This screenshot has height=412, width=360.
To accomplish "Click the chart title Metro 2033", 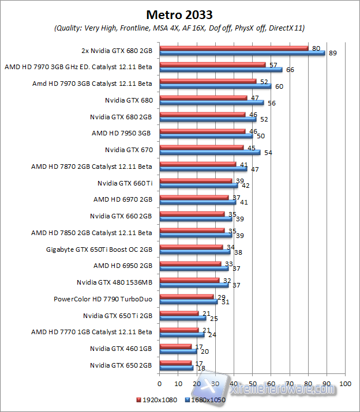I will pos(179,14).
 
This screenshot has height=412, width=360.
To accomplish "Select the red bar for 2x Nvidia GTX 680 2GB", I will pos(234,48).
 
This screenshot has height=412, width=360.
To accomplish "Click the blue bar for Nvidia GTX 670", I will pos(210,153).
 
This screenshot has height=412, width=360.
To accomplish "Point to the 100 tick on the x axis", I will pos(346,383).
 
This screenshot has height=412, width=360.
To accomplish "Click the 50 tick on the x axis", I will pos(253,383).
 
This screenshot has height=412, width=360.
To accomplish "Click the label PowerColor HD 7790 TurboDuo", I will pos(103,299).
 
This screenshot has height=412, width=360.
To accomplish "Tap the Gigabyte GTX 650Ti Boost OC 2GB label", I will pos(99,250).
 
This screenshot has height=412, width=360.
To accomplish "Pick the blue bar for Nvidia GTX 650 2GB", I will pos(176,368).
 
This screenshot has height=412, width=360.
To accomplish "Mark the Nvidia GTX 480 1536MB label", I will pos(114,282).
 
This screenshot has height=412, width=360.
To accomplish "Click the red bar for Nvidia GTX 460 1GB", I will pos(175,346).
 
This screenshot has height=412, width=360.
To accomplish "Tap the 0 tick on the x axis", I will pos(159,383).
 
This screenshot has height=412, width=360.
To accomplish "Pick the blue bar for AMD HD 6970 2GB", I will pos(198,202).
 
